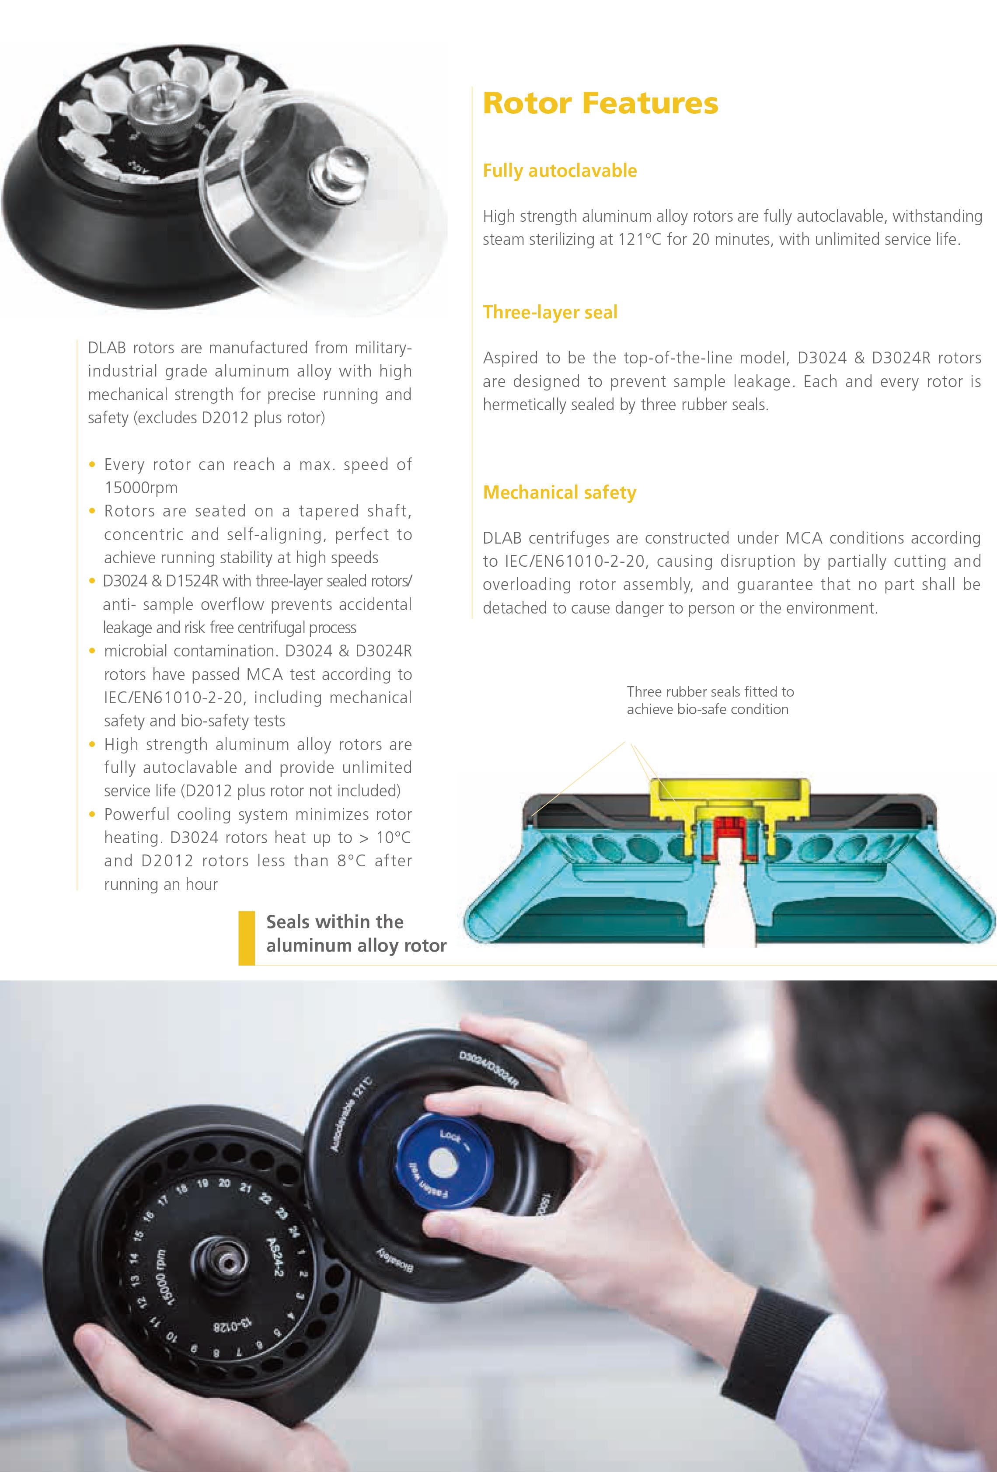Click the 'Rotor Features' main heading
(x=600, y=103)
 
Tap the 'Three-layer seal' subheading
(x=550, y=312)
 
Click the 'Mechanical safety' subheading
(x=559, y=493)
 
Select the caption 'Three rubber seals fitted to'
(x=710, y=692)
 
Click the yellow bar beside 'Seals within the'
(x=246, y=938)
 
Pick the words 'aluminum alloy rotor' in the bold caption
(x=356, y=945)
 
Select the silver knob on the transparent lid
(x=337, y=171)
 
